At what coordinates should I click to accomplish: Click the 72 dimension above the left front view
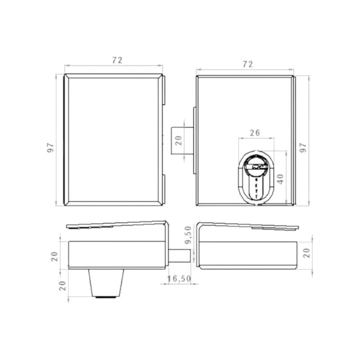tap(117, 60)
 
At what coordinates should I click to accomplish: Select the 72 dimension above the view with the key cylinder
tap(248, 64)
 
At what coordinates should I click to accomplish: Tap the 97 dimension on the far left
tap(50, 148)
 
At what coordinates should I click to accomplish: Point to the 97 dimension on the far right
tap(303, 148)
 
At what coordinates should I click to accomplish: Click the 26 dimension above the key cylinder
tap(255, 133)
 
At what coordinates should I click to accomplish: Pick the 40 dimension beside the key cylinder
tap(280, 179)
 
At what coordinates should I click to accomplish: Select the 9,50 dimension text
tap(188, 234)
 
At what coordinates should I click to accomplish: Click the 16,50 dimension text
tap(179, 279)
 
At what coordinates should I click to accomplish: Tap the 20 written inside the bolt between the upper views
tap(179, 140)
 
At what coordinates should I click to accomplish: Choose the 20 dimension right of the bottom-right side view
tap(307, 253)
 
